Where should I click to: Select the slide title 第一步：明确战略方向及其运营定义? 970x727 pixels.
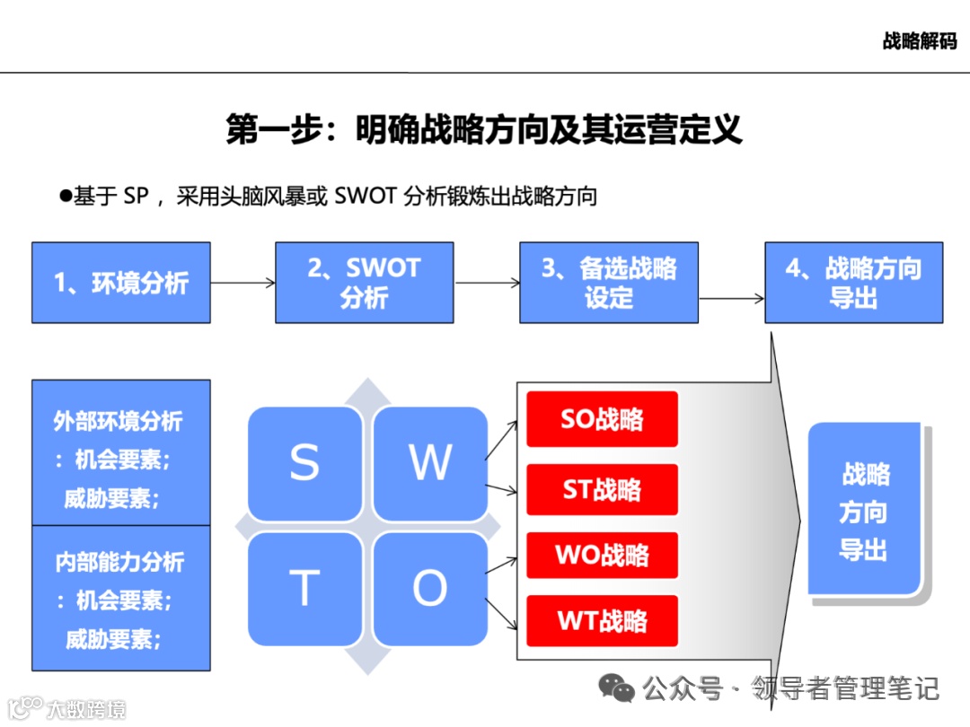pyautogui.click(x=484, y=129)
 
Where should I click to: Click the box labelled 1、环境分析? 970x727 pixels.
pyautogui.click(x=121, y=283)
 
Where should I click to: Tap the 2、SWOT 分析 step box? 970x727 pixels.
pyautogui.click(x=364, y=283)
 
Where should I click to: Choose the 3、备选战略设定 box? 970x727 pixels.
pyautogui.click(x=609, y=283)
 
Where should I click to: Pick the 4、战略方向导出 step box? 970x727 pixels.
pyautogui.click(x=853, y=283)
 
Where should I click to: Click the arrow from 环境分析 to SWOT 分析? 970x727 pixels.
pyautogui.click(x=242, y=283)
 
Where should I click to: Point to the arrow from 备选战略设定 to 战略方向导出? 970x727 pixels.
pyautogui.click(x=731, y=298)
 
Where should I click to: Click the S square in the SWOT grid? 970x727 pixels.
pyautogui.click(x=304, y=463)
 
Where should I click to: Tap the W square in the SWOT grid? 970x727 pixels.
pyautogui.click(x=429, y=463)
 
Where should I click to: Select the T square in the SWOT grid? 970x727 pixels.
pyautogui.click(x=304, y=589)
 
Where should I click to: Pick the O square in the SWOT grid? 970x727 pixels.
pyautogui.click(x=429, y=589)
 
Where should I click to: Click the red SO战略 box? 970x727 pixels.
pyautogui.click(x=602, y=419)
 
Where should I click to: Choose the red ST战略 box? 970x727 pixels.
pyautogui.click(x=602, y=490)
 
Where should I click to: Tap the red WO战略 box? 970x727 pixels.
pyautogui.click(x=602, y=555)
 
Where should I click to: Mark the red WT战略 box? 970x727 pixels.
pyautogui.click(x=602, y=620)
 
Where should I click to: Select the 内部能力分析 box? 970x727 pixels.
pyautogui.click(x=121, y=599)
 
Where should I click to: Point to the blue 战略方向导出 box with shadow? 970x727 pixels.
pyautogui.click(x=864, y=509)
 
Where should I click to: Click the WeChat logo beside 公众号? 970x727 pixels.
pyautogui.click(x=617, y=688)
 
